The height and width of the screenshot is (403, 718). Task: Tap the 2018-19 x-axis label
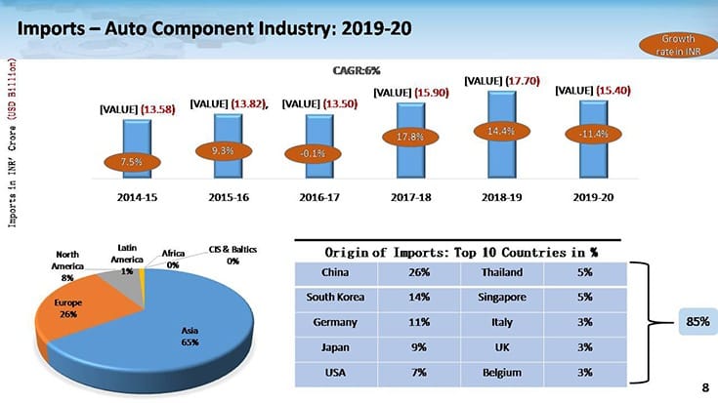pos(496,196)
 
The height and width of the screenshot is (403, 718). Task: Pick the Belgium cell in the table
pos(498,372)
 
